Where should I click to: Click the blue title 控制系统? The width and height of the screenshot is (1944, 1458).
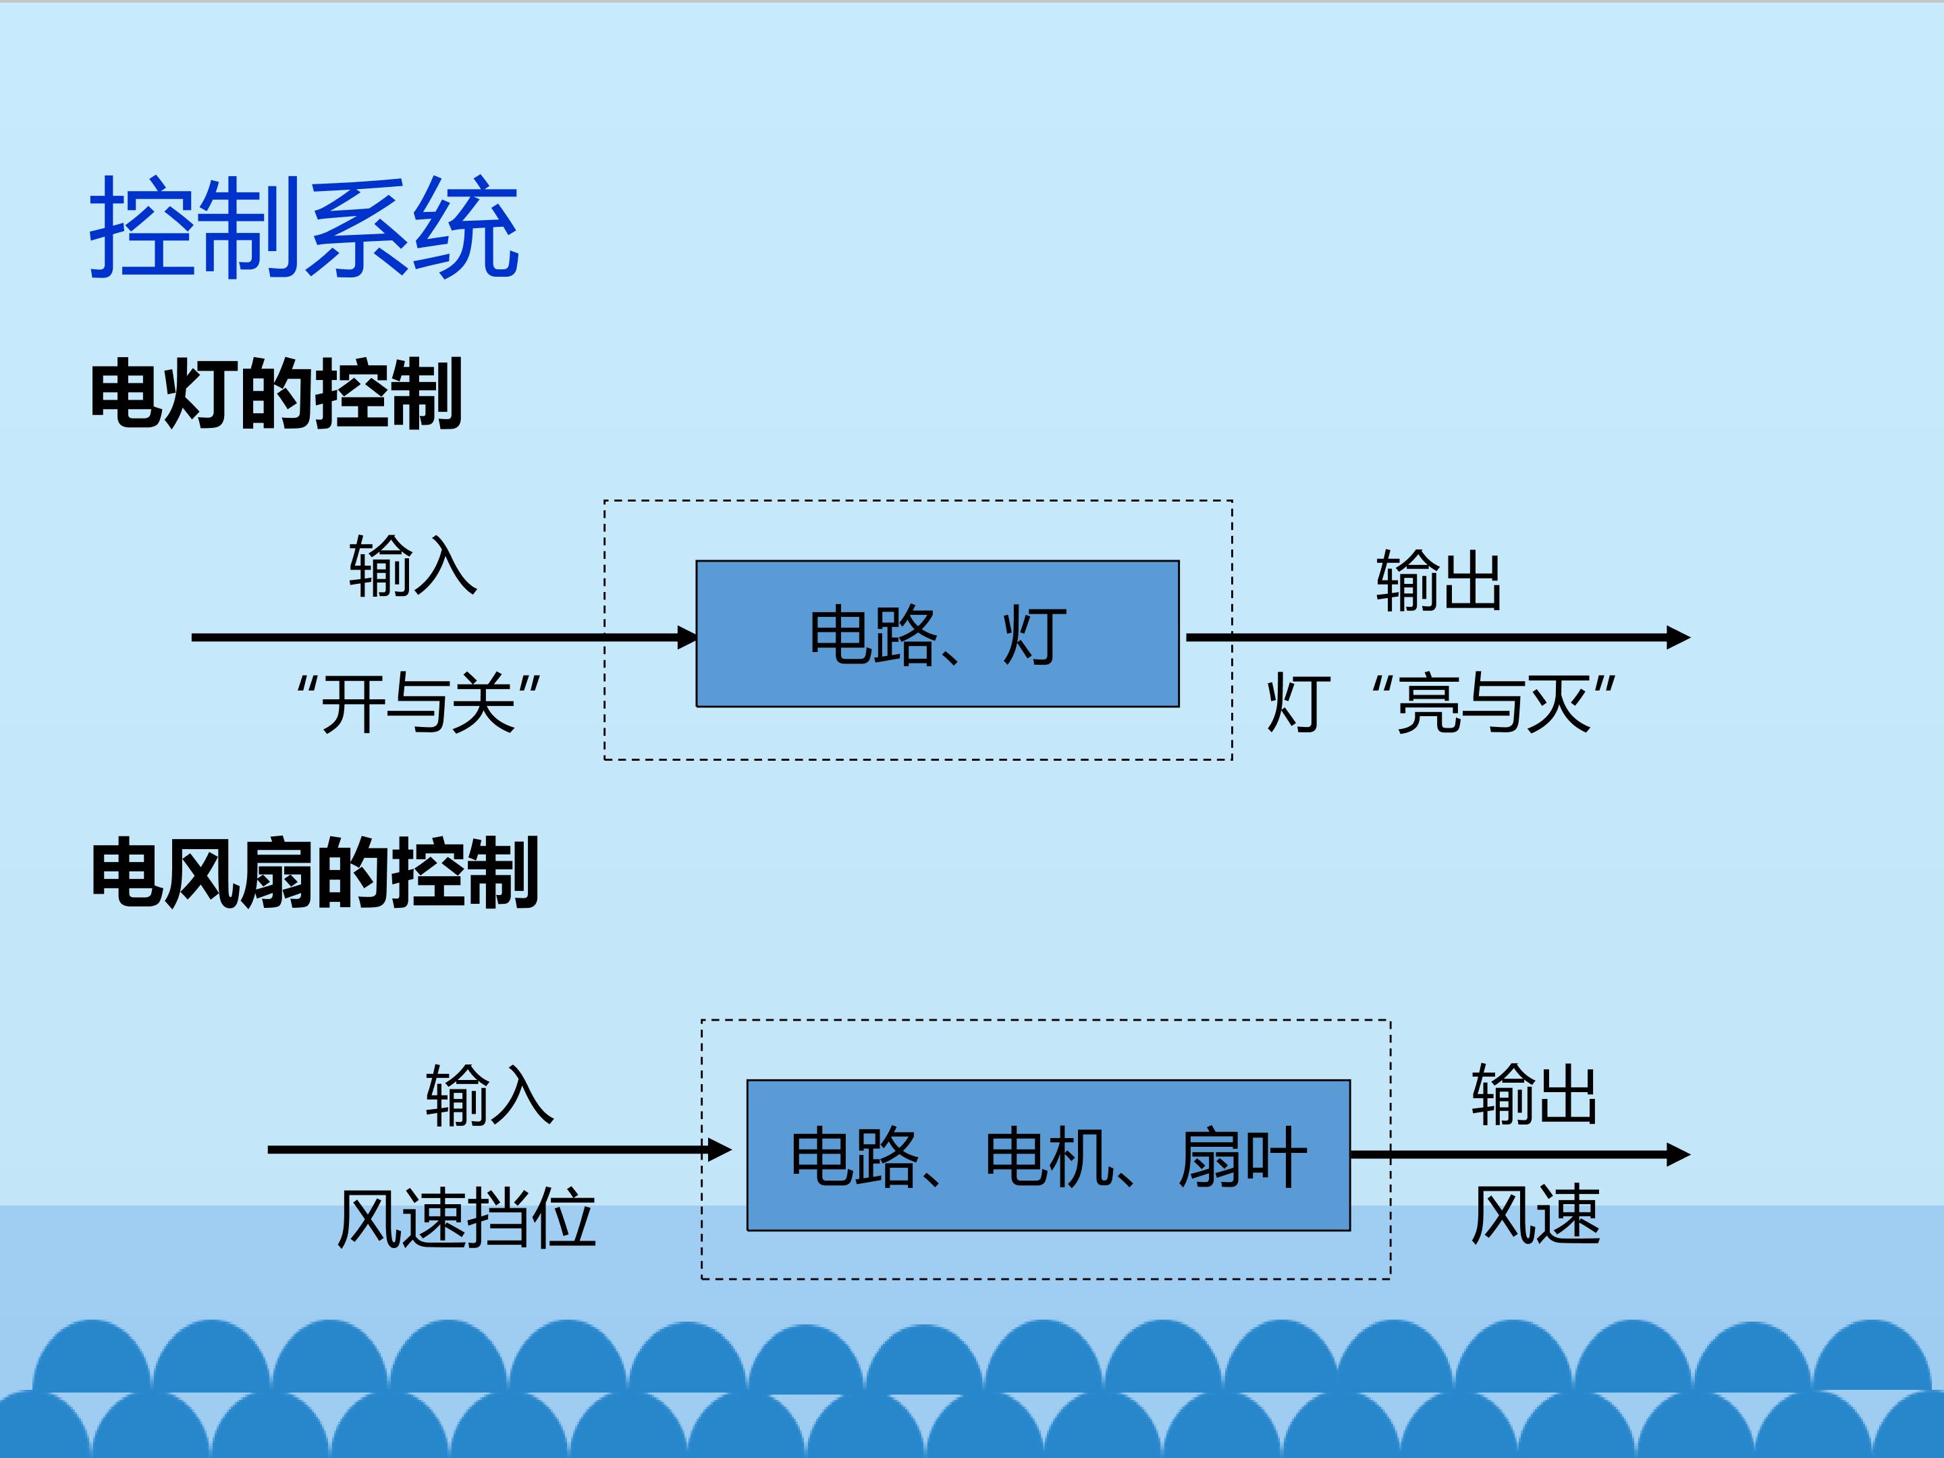coord(304,227)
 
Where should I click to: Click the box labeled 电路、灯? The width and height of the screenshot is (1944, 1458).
coord(937,634)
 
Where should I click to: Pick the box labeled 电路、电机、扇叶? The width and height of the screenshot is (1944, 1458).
coord(1048,1155)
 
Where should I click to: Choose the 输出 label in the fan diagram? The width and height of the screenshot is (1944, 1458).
coord(1534,1093)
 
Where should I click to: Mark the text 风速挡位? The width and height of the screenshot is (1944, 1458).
coord(466,1218)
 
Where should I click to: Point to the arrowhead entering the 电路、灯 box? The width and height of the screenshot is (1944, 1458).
coord(687,637)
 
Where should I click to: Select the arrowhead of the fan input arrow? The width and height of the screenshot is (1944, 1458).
coord(720,1150)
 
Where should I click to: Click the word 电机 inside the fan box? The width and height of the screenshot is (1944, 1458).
coord(1050,1156)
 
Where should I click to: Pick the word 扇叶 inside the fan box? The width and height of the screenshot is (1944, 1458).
coord(1243,1156)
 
